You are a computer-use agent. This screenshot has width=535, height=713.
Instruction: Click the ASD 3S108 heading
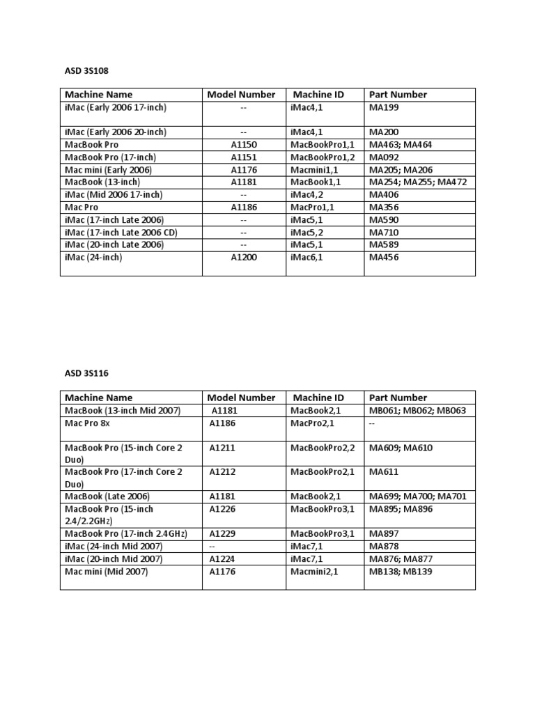(x=87, y=70)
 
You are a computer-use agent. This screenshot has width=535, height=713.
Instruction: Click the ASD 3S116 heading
(x=87, y=374)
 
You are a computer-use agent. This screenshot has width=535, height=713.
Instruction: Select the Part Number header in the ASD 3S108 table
(x=398, y=95)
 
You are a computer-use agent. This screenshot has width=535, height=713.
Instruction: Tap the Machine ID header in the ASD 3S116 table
(x=318, y=398)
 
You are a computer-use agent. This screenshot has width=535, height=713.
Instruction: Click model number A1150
(x=244, y=145)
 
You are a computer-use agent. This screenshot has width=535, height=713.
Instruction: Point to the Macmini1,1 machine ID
(x=316, y=170)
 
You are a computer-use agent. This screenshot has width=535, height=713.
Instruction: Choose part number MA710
(x=384, y=233)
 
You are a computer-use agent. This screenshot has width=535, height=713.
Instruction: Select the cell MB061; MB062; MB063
(x=417, y=411)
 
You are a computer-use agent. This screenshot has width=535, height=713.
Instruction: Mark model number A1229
(x=223, y=534)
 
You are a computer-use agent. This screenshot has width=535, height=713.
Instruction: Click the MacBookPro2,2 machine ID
(x=323, y=448)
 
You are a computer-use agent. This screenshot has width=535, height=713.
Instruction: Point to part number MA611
(x=382, y=472)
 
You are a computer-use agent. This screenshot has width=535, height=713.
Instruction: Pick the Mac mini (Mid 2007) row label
(x=107, y=572)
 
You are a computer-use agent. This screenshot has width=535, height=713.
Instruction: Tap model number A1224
(x=223, y=559)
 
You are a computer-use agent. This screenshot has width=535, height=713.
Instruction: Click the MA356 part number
(x=384, y=207)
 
